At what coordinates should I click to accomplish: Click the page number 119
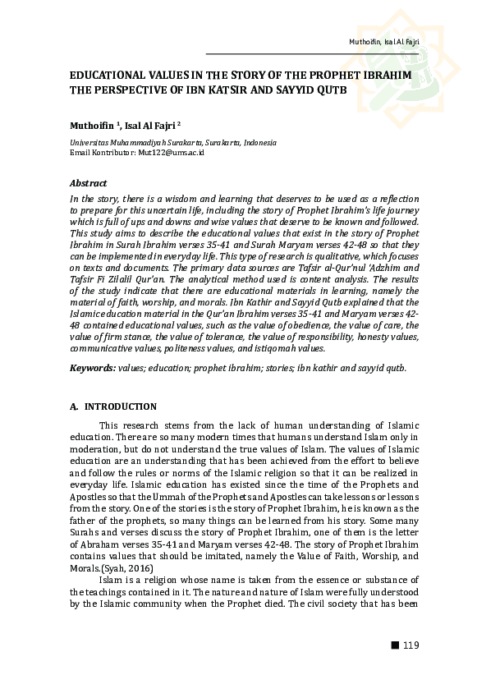point(410,645)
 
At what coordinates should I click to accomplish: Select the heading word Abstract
point(88,183)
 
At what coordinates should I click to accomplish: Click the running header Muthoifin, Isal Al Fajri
point(386,41)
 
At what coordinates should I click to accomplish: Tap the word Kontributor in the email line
point(112,153)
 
